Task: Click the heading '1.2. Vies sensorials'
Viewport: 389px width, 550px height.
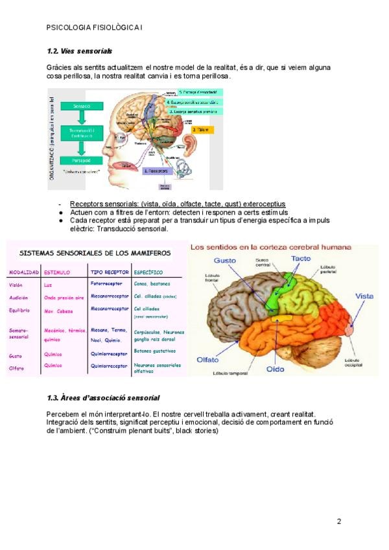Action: [80, 51]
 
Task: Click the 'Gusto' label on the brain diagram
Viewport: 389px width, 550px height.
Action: [224, 259]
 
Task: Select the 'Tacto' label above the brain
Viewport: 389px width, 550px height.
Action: [301, 258]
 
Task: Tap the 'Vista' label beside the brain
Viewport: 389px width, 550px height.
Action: [364, 296]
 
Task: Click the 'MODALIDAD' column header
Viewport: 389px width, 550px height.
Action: [24, 272]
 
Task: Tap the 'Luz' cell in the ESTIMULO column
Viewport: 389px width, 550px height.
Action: [48, 285]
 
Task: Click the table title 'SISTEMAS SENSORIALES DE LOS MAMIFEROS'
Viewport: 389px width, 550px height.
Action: [95, 253]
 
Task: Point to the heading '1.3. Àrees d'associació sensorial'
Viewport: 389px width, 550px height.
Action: [103, 397]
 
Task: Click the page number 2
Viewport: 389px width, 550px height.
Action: [338, 521]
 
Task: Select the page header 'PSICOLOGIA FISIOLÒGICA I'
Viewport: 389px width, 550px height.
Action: [95, 28]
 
